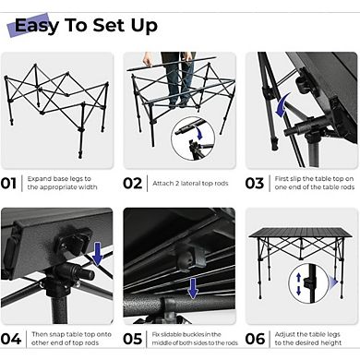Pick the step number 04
10,338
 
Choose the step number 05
133,338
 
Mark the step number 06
255,338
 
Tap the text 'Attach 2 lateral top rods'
189,182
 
